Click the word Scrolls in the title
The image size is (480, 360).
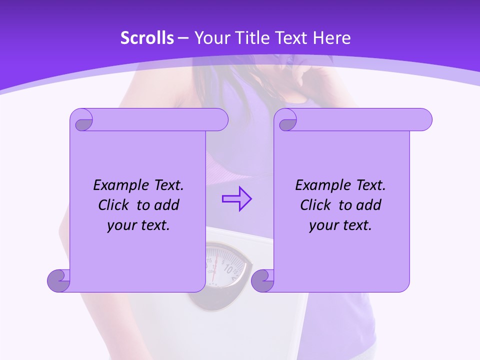coord(147,38)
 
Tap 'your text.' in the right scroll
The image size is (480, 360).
coord(340,225)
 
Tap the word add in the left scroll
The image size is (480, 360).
coord(167,205)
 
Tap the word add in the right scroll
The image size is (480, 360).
coord(369,205)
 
